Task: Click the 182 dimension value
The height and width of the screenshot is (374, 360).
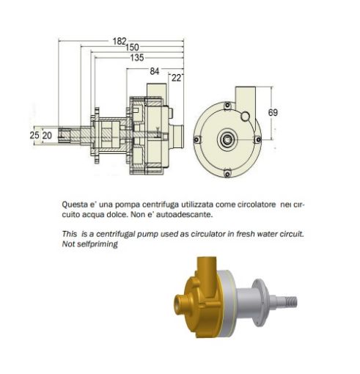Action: pyautogui.click(x=120, y=41)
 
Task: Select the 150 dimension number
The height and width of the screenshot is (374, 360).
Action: pyautogui.click(x=132, y=48)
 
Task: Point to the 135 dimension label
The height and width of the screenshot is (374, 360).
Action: pyautogui.click(x=136, y=56)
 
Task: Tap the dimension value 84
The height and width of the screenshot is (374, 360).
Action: pyautogui.click(x=154, y=70)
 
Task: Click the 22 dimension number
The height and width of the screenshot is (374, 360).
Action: pyautogui.click(x=177, y=76)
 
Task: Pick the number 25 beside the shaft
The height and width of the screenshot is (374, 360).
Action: pyautogui.click(x=34, y=135)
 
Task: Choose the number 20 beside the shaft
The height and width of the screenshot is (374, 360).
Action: pyautogui.click(x=46, y=135)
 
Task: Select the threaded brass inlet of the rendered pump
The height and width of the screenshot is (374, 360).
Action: pyautogui.click(x=179, y=301)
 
